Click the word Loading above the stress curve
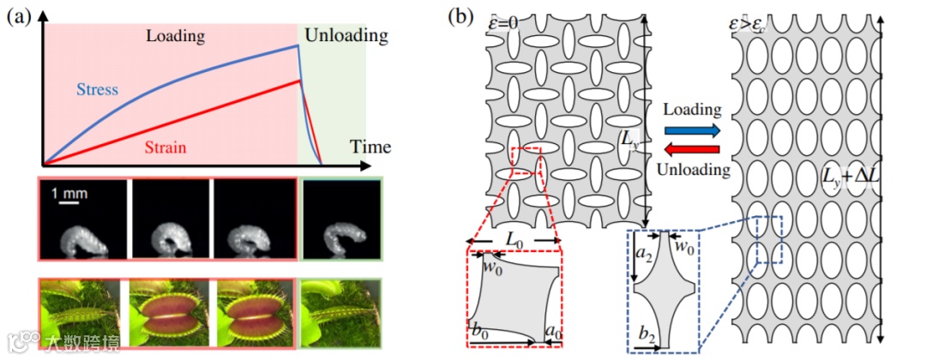pos(176,37)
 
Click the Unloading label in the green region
pos(346,37)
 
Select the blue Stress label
pos(98,89)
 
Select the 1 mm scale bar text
pos(70,194)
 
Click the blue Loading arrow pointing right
pos(692,129)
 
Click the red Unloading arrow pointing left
pos(692,151)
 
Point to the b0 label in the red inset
pos(479,328)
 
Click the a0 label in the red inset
pos(552,328)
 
